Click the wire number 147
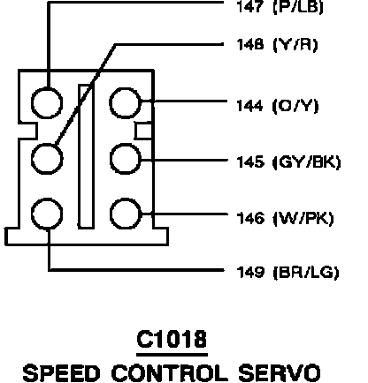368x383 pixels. point(249,6)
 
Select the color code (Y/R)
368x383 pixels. point(295,45)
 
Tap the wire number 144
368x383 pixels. point(249,106)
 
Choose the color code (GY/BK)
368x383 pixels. point(307,162)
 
